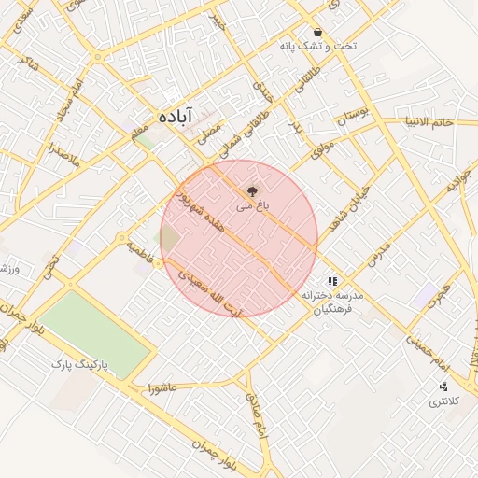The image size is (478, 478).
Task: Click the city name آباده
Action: click(176, 116)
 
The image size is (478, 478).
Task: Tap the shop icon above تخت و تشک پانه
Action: click(318, 32)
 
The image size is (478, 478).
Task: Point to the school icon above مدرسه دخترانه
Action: click(331, 280)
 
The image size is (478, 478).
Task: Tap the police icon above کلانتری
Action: click(443, 387)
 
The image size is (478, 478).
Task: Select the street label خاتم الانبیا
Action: click(429, 122)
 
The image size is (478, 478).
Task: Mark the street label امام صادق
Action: click(256, 411)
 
